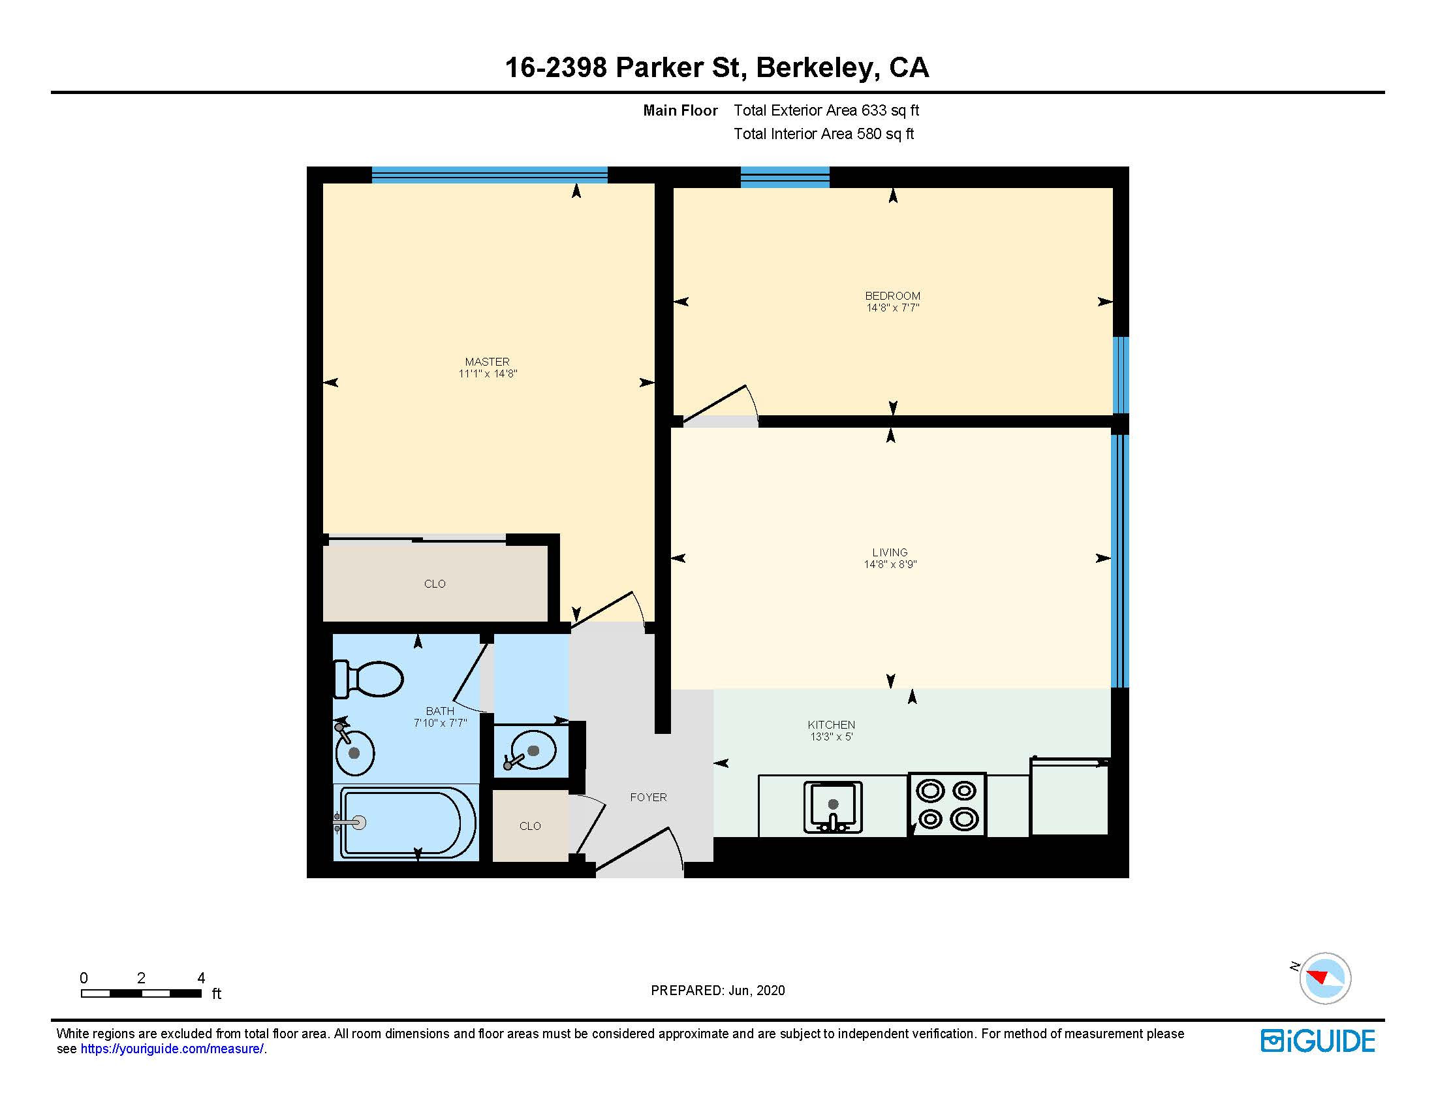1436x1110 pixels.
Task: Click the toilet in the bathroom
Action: [x=369, y=678]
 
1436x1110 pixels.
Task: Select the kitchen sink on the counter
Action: [x=832, y=807]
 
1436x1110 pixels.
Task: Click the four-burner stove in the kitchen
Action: [x=947, y=805]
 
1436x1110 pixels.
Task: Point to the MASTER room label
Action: [x=486, y=362]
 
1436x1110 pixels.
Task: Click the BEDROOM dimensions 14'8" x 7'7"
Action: [x=892, y=308]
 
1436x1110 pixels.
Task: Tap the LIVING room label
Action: [x=890, y=552]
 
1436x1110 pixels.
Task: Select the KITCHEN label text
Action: [x=831, y=725]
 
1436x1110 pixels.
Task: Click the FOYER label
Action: [x=648, y=797]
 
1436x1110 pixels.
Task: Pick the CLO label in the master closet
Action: [x=435, y=584]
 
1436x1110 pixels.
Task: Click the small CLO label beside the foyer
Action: [x=530, y=826]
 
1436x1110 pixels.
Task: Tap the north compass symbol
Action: [x=1324, y=978]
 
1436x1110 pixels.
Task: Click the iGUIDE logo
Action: [x=1317, y=1041]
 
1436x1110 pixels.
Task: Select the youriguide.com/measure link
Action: [x=172, y=1049]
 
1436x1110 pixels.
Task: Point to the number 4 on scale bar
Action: [x=201, y=978]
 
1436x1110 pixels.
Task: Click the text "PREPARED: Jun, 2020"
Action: [x=717, y=991]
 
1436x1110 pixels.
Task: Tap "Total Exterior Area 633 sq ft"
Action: [x=826, y=110]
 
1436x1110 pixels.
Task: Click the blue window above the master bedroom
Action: [x=489, y=175]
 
